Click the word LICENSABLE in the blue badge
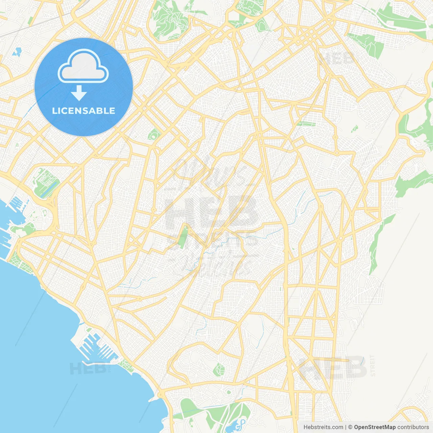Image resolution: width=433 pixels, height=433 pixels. click(84, 111)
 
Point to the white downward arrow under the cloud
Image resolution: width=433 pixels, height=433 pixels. click(79, 93)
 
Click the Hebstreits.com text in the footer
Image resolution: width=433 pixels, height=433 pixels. click(323, 427)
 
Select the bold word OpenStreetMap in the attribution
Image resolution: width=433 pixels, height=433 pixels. click(375, 427)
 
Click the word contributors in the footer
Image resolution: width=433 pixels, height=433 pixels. click(413, 427)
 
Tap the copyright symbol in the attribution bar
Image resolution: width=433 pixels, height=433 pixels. click(350, 427)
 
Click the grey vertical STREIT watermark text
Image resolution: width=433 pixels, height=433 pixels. click(372, 365)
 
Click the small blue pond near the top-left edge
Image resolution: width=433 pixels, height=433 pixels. click(16, 52)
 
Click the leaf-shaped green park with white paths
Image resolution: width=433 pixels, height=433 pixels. click(219, 370)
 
